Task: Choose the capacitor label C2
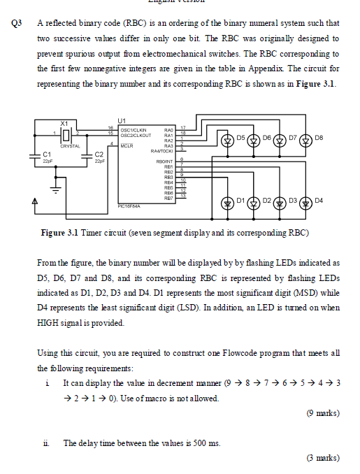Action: coord(99,153)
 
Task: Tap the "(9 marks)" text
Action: coord(322,413)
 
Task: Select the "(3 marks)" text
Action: coord(322,459)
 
